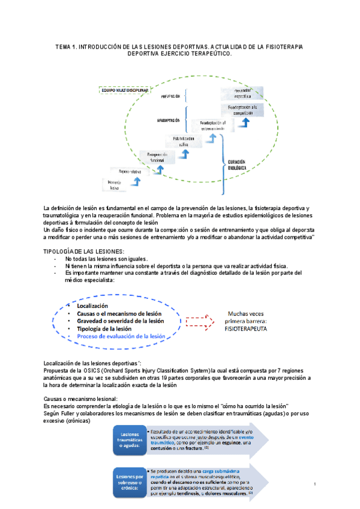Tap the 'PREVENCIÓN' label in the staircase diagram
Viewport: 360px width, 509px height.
click(x=170, y=96)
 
